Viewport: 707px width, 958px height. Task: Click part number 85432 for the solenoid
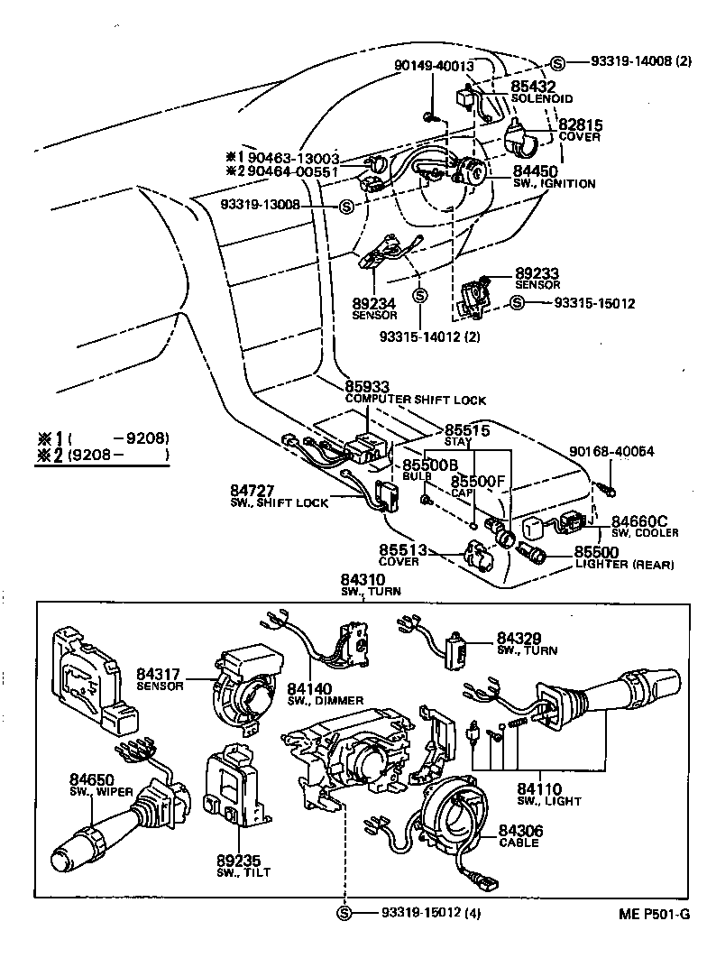coord(534,87)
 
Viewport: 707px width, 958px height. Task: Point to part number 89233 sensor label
coord(537,272)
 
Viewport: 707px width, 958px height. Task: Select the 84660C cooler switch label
coord(639,521)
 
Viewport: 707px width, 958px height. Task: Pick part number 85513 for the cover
coord(402,549)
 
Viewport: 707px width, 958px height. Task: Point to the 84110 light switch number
coord(538,788)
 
